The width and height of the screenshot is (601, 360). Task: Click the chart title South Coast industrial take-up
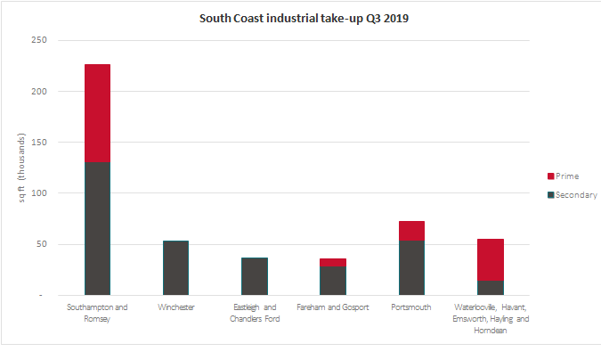click(300, 18)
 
